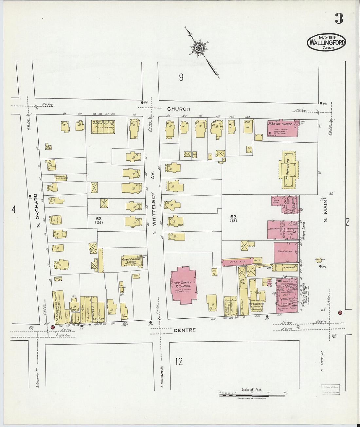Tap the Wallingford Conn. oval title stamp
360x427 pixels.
[x=326, y=42]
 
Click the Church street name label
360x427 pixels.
[x=178, y=109]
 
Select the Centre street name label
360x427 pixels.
[x=185, y=330]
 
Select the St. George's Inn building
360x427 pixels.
[x=288, y=170]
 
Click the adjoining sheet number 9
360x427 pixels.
[x=181, y=77]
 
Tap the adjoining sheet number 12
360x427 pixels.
[x=179, y=362]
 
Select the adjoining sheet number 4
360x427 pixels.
[x=13, y=209]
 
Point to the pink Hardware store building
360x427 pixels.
[x=285, y=252]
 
